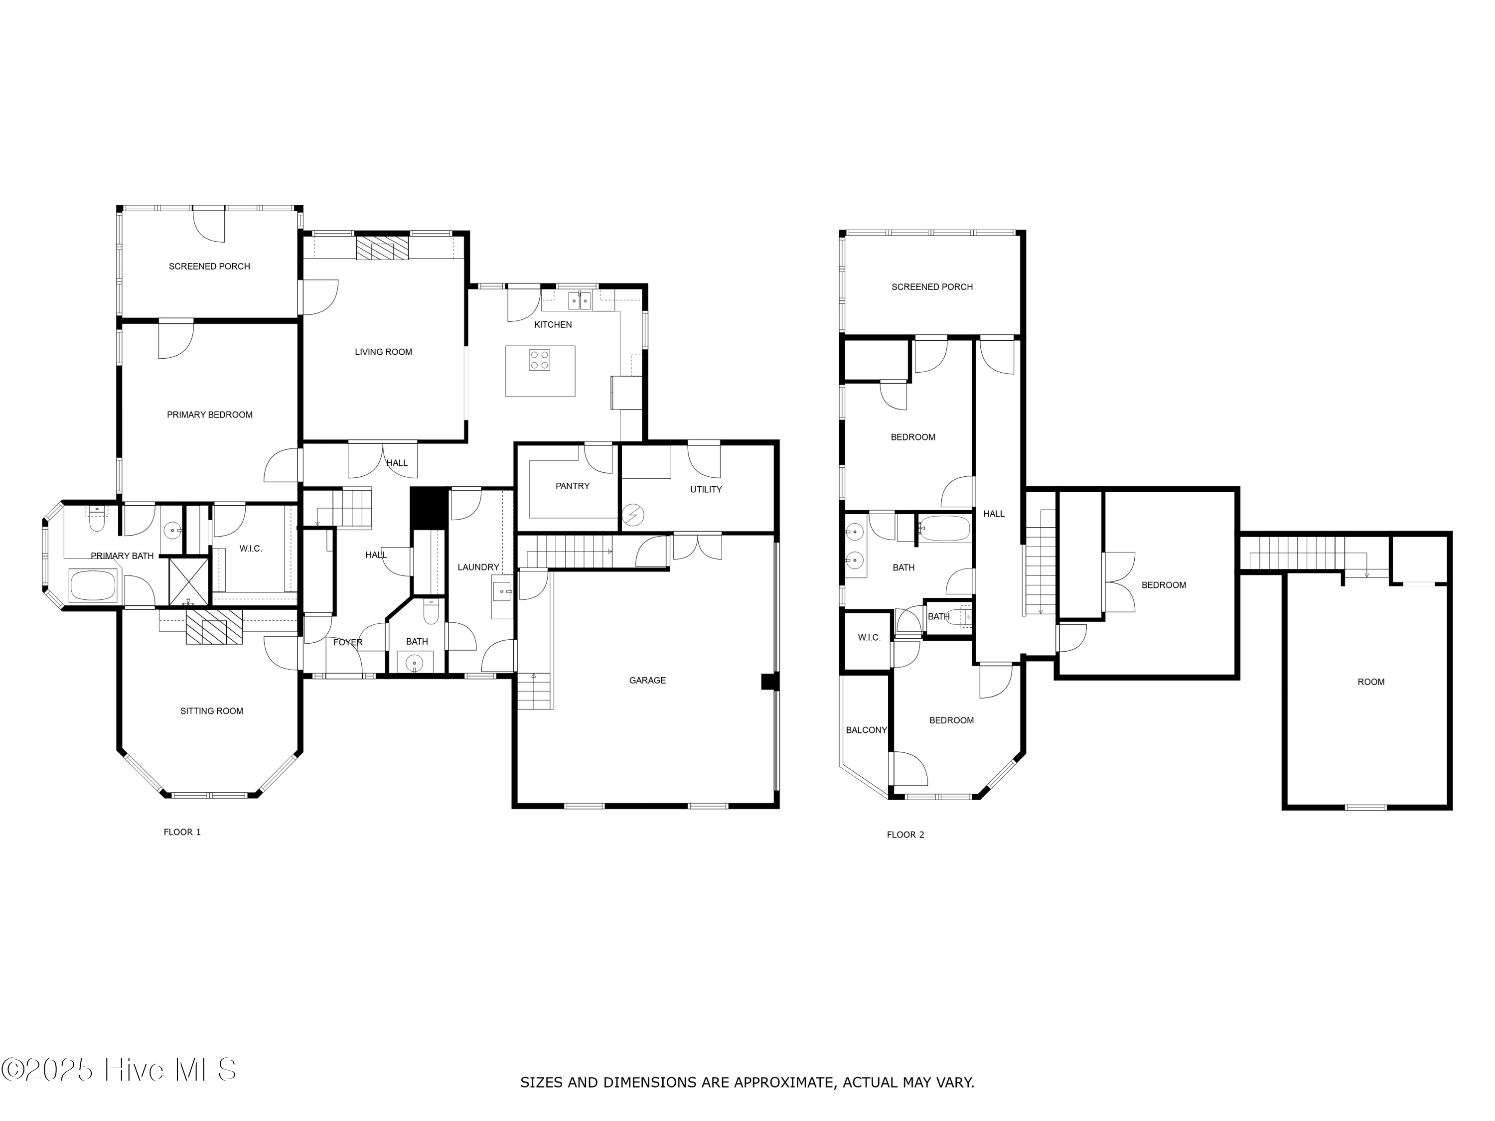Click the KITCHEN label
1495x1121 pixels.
pos(552,325)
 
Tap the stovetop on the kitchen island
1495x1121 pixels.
pos(539,360)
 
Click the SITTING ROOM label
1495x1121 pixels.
pos(212,711)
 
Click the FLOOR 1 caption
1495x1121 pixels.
pos(182,832)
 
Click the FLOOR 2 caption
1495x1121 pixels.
pos(905,835)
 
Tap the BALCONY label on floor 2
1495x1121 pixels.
pos(866,730)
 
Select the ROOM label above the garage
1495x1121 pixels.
pos(1370,682)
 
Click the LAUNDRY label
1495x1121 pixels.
pos(478,567)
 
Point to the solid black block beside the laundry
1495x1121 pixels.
pos(429,508)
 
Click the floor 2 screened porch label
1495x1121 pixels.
pos(931,287)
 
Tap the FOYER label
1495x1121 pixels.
pos(347,642)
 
